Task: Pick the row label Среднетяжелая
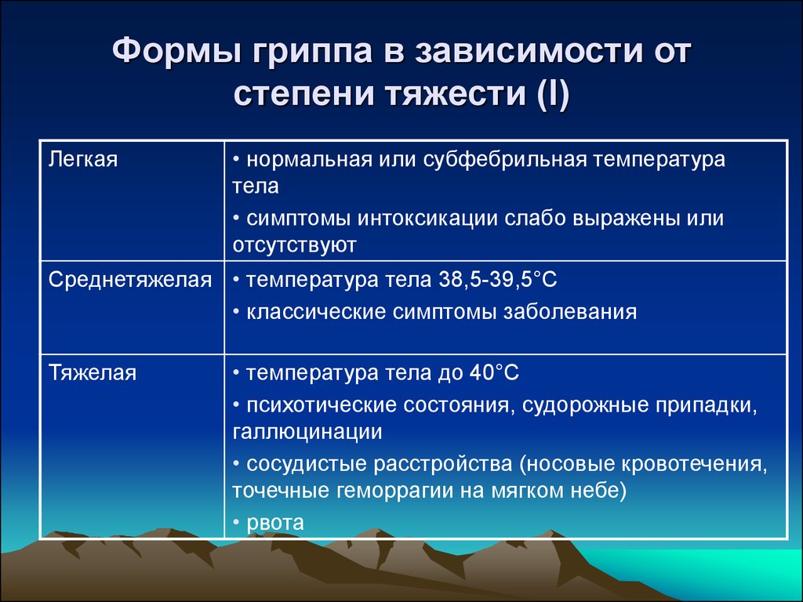(130, 280)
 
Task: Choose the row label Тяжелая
(93, 373)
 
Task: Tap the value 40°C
(485, 373)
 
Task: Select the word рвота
(275, 522)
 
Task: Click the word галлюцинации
(307, 431)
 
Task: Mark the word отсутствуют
(294, 245)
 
